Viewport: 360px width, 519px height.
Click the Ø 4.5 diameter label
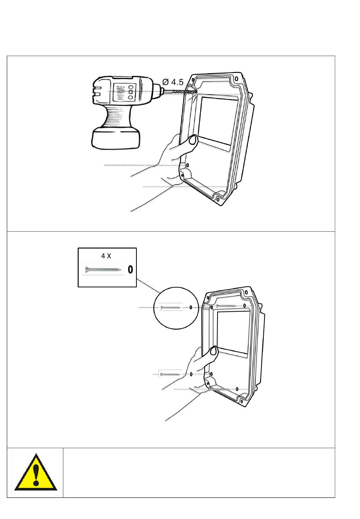173,82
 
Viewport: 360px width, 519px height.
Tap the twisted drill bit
180,92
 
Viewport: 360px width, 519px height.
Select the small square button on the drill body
130,92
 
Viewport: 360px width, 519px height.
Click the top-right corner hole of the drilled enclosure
236,79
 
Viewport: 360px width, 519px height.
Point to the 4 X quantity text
106,256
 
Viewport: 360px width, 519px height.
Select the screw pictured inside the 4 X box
103,269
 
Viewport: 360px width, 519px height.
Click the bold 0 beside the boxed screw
130,269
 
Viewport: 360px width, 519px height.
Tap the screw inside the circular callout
171,308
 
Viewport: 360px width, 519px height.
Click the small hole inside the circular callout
191,307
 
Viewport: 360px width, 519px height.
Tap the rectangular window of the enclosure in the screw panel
233,333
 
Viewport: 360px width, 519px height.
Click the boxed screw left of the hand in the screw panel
170,374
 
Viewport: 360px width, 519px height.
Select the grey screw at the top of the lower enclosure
226,306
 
